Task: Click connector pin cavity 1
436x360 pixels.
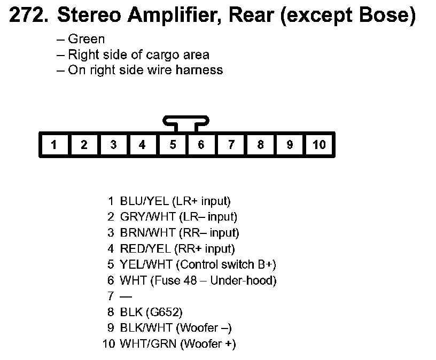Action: point(54,145)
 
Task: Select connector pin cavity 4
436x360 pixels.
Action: point(142,145)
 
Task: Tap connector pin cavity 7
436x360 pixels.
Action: point(231,145)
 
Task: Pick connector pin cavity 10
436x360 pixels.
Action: point(319,145)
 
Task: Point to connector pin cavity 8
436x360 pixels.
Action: point(260,145)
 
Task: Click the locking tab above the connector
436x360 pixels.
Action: point(186,123)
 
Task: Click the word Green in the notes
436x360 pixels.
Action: point(86,39)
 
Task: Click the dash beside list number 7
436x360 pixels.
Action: point(126,296)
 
